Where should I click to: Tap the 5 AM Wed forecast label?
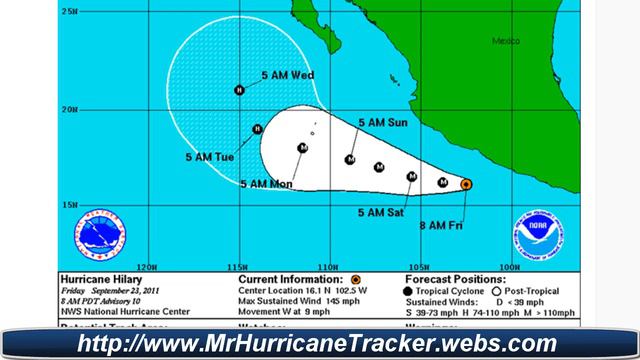coord(288,74)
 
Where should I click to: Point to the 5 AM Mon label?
coord(266,184)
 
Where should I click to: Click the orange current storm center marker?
coord(467,184)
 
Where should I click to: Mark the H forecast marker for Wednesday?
coord(240,90)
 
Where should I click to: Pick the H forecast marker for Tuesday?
coord(258,128)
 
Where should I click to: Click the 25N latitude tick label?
coord(68,11)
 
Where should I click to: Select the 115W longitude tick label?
coord(238,266)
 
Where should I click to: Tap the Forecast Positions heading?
coord(447,278)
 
